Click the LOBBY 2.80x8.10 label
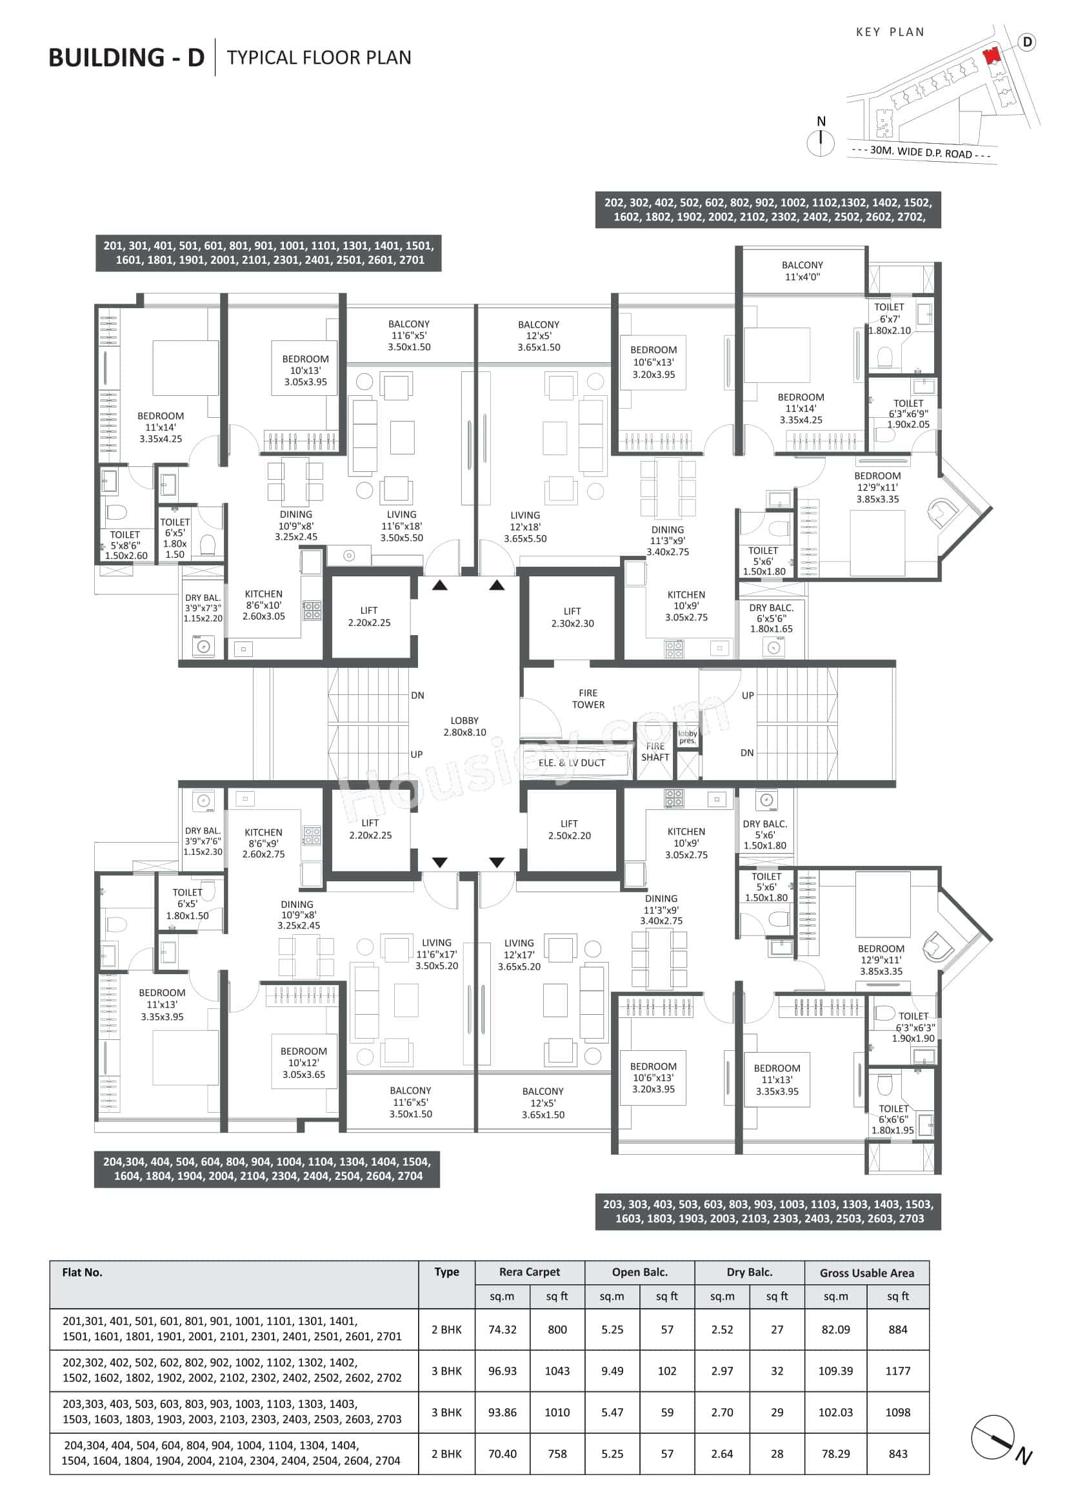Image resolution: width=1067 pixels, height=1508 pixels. [x=464, y=727]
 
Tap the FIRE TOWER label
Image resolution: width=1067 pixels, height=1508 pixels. [x=588, y=699]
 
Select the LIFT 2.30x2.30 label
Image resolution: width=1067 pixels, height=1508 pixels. [x=572, y=618]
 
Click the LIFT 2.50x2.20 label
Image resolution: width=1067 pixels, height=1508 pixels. [x=569, y=830]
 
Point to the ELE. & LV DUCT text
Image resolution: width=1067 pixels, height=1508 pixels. [x=572, y=763]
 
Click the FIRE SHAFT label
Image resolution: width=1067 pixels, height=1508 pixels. [x=655, y=752]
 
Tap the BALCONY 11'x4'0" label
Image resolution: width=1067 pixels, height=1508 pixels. [x=803, y=271]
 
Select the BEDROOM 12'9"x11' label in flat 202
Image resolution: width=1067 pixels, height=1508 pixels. [x=877, y=487]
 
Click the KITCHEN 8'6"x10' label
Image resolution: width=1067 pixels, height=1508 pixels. [x=263, y=605]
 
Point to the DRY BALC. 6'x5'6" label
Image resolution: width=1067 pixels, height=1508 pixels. [x=772, y=618]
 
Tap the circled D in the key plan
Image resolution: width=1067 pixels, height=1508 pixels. [x=1027, y=42]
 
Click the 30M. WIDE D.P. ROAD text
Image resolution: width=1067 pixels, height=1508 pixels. [x=921, y=152]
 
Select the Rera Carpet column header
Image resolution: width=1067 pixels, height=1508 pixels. [x=530, y=1271]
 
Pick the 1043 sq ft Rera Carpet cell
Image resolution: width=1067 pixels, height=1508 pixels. [x=557, y=1371]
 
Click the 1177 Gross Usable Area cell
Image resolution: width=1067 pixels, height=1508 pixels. [x=897, y=1371]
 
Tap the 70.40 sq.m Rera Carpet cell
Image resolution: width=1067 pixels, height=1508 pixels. [x=502, y=1453]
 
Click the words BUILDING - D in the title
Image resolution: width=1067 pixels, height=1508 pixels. [x=126, y=58]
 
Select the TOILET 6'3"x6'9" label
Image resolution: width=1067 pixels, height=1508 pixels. [x=908, y=414]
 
